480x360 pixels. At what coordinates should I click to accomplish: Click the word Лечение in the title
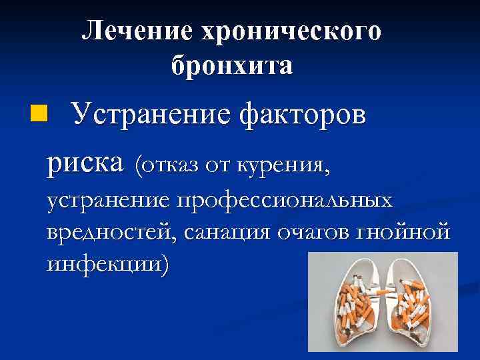[x=131, y=31]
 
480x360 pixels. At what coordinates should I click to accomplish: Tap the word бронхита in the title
[x=231, y=65]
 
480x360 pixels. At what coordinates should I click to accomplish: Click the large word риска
[x=85, y=161]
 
